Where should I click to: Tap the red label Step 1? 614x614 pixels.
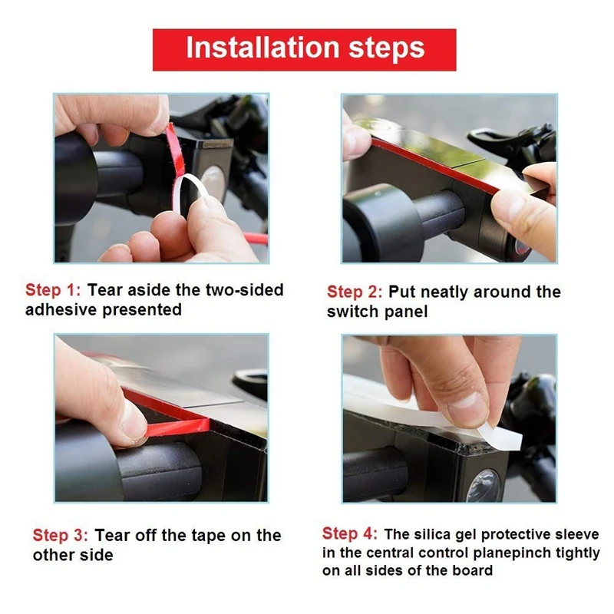(x=53, y=290)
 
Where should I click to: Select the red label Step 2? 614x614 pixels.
(x=355, y=292)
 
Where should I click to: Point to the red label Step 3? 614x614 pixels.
(x=61, y=535)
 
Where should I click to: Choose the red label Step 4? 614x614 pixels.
(x=350, y=533)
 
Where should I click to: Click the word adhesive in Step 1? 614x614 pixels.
(x=61, y=310)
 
